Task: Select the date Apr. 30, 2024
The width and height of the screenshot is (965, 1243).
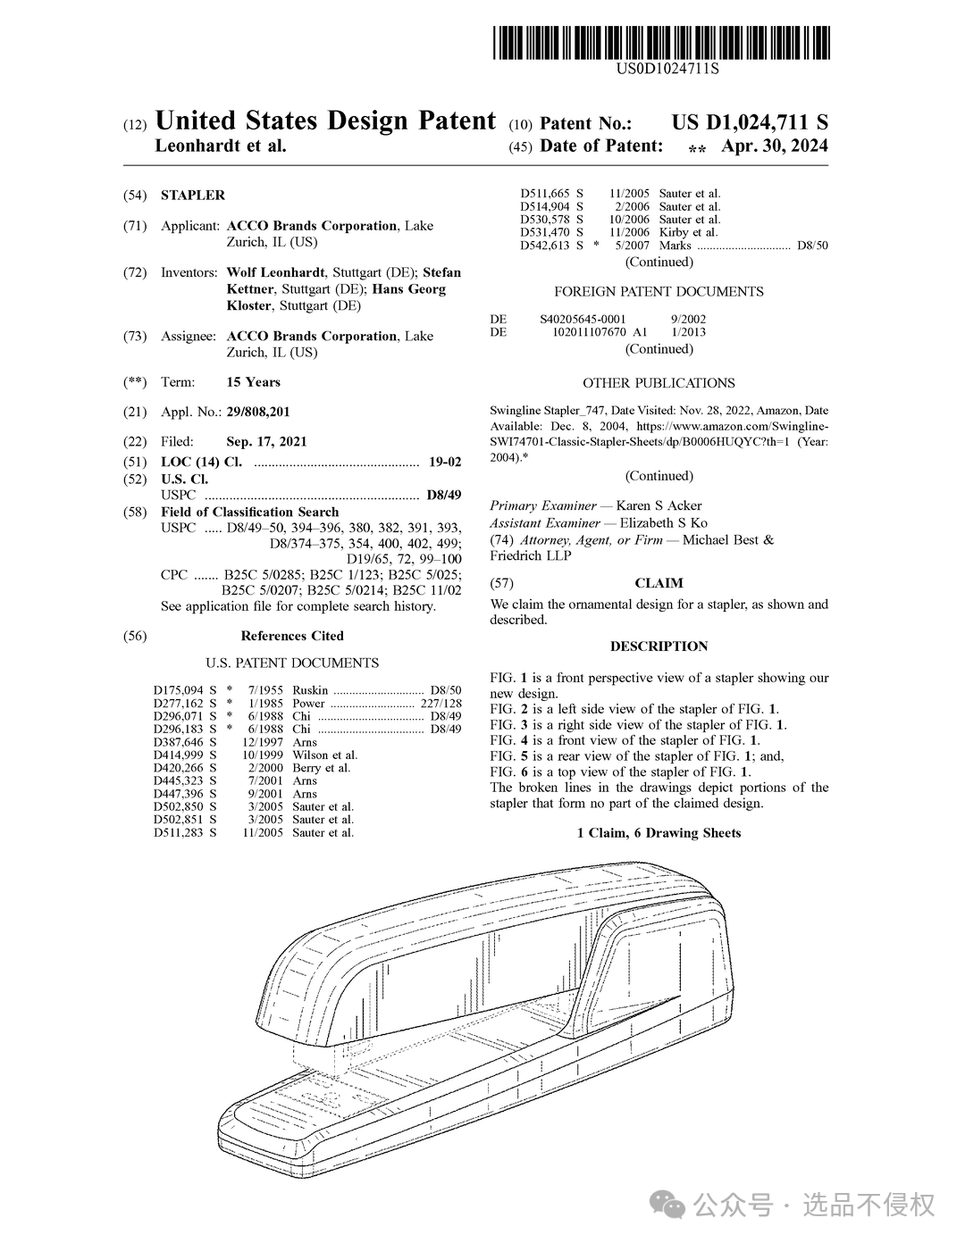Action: pos(774,146)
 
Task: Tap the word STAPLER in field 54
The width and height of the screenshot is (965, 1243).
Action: pos(193,195)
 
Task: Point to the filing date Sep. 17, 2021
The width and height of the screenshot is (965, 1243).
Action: pos(266,441)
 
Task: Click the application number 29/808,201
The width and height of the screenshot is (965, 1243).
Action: pos(258,412)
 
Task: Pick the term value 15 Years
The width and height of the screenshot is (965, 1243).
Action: pos(253,382)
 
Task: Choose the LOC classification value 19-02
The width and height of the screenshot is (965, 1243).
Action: pos(445,462)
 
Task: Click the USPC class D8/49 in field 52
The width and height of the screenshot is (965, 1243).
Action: pos(444,495)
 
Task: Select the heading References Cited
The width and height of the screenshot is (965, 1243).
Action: pos(292,636)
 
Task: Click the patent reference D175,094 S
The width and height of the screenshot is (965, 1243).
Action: pos(184,690)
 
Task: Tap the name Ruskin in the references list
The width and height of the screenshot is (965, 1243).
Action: pos(310,690)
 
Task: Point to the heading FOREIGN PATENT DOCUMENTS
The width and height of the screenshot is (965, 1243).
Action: pos(659,292)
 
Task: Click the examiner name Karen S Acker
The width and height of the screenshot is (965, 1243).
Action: pos(659,505)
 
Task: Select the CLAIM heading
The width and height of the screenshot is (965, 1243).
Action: pos(659,583)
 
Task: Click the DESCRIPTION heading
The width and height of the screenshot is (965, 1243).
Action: pos(659,647)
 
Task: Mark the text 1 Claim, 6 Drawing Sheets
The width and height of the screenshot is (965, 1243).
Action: pos(659,833)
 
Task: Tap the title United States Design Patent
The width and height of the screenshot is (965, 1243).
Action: pos(325,121)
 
